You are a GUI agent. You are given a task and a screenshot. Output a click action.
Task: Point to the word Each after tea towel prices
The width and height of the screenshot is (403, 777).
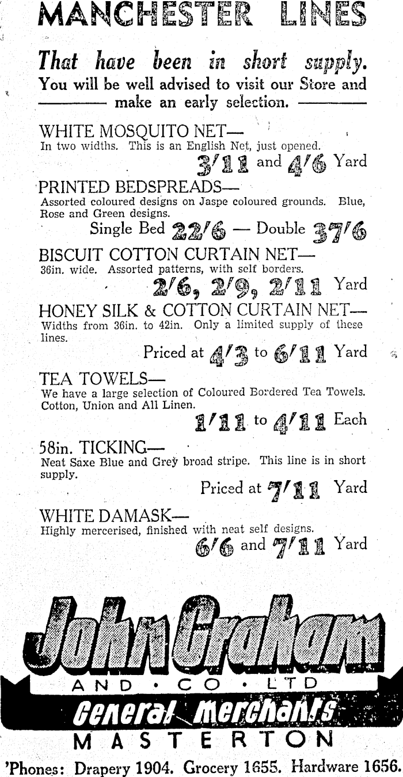pos(351,419)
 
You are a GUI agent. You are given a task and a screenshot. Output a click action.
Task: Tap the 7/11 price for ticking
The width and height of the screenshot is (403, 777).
pos(297,489)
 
